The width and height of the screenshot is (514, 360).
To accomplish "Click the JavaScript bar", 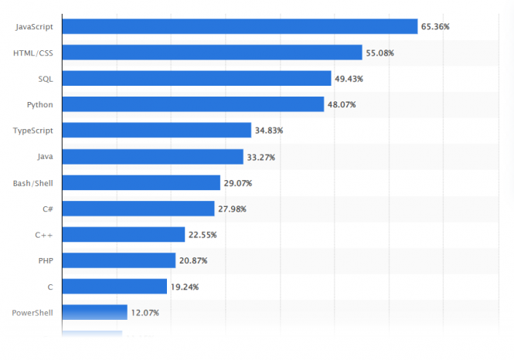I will [240, 26].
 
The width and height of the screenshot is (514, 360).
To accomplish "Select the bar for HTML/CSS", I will [212, 53].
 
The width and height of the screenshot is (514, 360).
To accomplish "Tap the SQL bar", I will [196, 78].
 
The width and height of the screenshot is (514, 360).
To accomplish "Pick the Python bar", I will [192, 104].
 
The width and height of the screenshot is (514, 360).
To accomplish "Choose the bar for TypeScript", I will [156, 131].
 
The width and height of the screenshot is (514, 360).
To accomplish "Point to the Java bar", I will [152, 157].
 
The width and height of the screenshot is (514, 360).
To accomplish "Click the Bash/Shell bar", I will [141, 183].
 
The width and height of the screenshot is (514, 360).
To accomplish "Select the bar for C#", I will [138, 209].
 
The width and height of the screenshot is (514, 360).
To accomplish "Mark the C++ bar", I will [123, 235].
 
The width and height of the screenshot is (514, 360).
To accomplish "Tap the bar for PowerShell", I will [94, 313].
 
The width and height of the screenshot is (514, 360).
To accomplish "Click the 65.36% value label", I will [435, 27].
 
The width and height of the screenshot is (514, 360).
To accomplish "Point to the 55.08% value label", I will [380, 53].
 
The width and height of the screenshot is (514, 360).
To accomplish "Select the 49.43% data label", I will [349, 79].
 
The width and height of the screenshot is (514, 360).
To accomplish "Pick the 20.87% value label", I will [193, 261].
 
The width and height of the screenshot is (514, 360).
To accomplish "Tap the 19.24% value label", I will [185, 287].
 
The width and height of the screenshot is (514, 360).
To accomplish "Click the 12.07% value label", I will [145, 313].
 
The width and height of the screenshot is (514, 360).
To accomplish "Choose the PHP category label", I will [45, 261].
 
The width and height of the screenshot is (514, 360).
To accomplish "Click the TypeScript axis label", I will [32, 131].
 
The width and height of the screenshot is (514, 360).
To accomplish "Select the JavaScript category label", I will [33, 27].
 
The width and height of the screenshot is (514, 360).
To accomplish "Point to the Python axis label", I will [39, 104].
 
